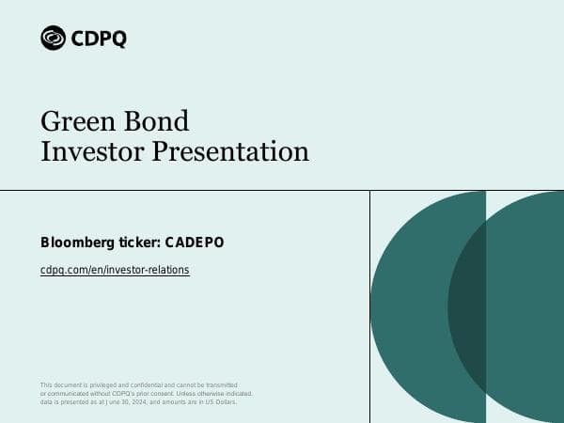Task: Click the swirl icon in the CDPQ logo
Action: click(54, 38)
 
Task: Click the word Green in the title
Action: click(71, 120)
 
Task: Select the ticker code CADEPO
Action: click(195, 243)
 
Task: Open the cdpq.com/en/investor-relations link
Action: click(115, 270)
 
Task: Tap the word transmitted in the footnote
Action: click(218, 385)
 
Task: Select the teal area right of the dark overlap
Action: click(526, 305)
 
